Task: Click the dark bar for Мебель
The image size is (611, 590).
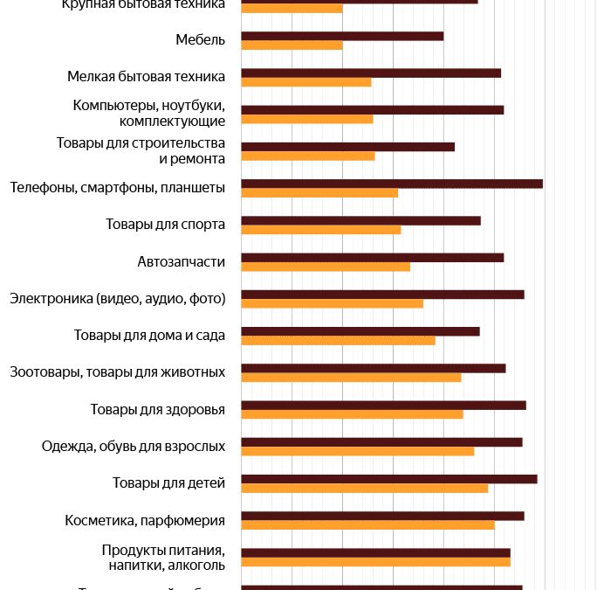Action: coord(342,36)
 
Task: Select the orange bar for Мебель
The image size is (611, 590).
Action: coord(292,45)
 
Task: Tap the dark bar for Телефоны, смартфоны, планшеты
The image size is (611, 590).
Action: coord(392,184)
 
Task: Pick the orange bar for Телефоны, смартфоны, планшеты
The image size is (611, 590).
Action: coord(319,193)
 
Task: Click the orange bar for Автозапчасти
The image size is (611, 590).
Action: coord(326,267)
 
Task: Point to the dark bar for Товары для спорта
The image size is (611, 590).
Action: coord(360,220)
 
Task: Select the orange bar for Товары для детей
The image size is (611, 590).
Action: coord(365,488)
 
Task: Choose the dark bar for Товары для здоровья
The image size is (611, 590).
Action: coord(383,405)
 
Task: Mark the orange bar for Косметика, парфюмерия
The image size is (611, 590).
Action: coord(367,525)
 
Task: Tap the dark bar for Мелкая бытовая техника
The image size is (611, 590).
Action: coord(371,73)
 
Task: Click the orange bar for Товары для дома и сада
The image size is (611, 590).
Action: coord(338,340)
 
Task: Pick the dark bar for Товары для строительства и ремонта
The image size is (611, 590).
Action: coord(347,146)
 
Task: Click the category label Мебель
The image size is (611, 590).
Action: coord(200,40)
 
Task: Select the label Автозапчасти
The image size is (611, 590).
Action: coord(181,261)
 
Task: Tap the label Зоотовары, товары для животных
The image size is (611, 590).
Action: coord(118,372)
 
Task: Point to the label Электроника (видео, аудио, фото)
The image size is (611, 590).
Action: coord(118,299)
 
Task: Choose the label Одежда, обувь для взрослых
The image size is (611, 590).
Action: coord(134,447)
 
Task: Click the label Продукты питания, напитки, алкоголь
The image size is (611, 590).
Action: coord(163,558)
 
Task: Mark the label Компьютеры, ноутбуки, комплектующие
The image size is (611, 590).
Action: coord(148,114)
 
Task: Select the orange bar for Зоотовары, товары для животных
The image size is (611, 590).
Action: coord(351,378)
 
